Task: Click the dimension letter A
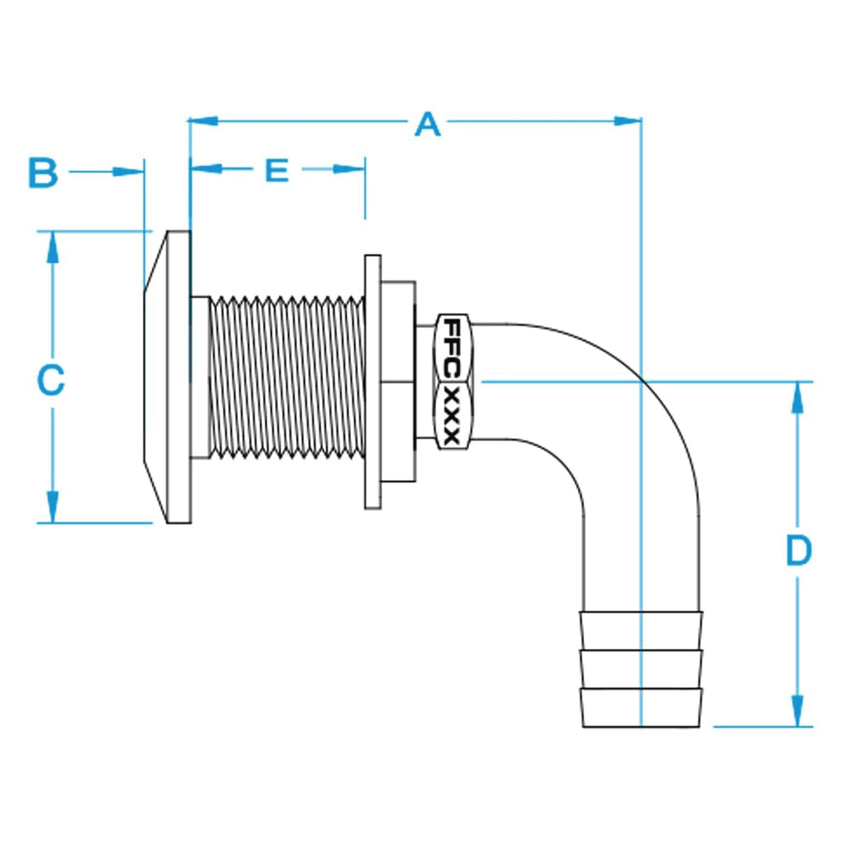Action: tap(428, 124)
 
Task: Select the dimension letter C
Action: tap(51, 379)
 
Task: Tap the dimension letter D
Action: tap(799, 550)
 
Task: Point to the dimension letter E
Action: tap(277, 170)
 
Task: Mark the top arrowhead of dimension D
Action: tap(797, 398)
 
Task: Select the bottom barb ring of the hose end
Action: tap(641, 707)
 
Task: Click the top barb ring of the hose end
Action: tap(641, 628)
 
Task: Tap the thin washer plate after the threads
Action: tap(372, 382)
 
